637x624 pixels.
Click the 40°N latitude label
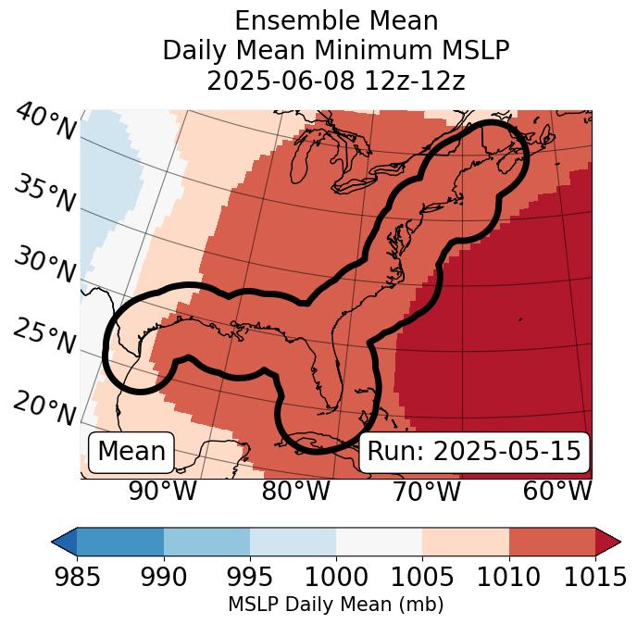pos(44,122)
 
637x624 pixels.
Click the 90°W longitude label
pos(162,491)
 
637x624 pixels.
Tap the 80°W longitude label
pos(294,491)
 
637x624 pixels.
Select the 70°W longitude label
pos(425,491)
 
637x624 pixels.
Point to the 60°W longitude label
pos(557,491)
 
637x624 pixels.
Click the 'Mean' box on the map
pos(131,452)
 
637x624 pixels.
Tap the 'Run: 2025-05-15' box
pos(474,452)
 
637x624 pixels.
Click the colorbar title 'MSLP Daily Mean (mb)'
pos(335,605)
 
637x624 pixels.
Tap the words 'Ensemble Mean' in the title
pos(335,20)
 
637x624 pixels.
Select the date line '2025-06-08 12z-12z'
pos(335,81)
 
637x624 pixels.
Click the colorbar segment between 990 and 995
pos(206,541)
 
